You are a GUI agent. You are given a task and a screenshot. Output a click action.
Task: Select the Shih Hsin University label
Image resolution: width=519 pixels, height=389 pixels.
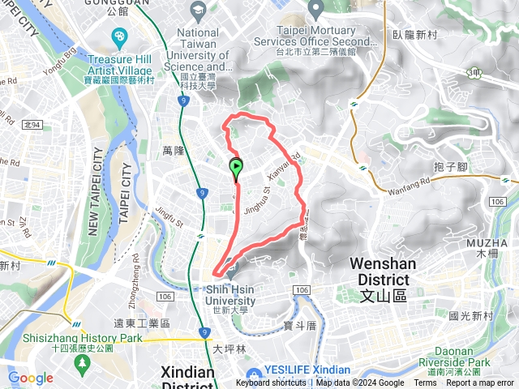point(228,295)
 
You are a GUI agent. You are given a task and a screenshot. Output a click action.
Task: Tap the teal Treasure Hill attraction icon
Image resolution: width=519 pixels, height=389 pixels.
point(120,37)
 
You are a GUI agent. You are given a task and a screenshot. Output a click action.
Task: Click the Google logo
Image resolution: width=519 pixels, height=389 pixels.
point(30,378)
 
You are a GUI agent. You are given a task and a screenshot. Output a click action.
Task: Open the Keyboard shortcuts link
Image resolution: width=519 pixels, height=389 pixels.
point(272,383)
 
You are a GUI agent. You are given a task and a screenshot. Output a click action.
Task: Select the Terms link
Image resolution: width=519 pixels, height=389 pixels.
point(425,383)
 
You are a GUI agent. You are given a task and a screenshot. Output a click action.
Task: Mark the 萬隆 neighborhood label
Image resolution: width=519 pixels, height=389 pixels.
point(174,152)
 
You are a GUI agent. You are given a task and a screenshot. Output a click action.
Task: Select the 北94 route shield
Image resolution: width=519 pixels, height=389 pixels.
point(32,125)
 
